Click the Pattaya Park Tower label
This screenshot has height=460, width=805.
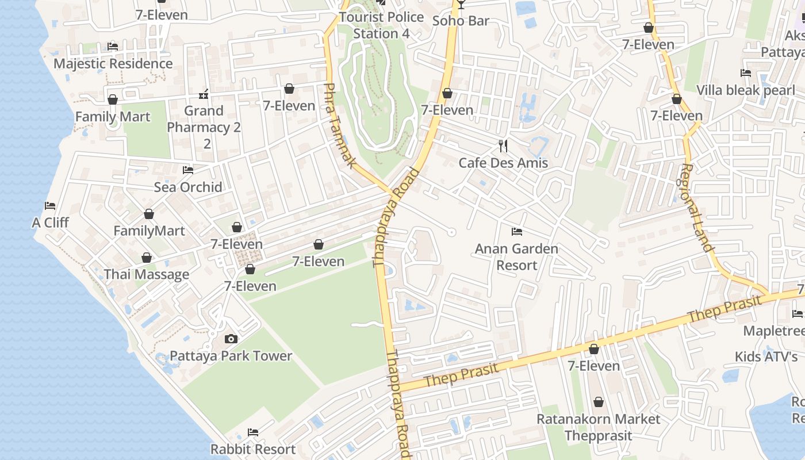[231, 356]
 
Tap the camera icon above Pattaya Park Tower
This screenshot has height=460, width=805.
[231, 339]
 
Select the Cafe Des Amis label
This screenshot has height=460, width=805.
[503, 163]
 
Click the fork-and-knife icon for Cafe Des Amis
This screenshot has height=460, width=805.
[503, 146]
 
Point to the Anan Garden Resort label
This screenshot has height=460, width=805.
[516, 257]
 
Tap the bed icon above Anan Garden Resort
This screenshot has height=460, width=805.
[516, 232]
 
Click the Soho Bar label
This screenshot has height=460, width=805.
[461, 21]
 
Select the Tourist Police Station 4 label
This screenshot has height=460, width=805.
[381, 25]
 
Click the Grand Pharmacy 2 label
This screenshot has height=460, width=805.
[204, 119]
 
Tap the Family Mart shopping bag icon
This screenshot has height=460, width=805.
[113, 100]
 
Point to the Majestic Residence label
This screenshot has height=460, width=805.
[113, 64]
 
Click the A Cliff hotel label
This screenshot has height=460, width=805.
[50, 223]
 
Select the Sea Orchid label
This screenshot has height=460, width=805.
[188, 187]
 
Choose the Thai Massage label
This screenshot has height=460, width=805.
[147, 275]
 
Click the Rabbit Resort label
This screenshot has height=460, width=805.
[253, 449]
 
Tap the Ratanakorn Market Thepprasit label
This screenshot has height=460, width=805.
[598, 427]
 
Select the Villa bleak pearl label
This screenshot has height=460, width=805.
[746, 90]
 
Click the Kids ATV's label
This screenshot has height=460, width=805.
[766, 356]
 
